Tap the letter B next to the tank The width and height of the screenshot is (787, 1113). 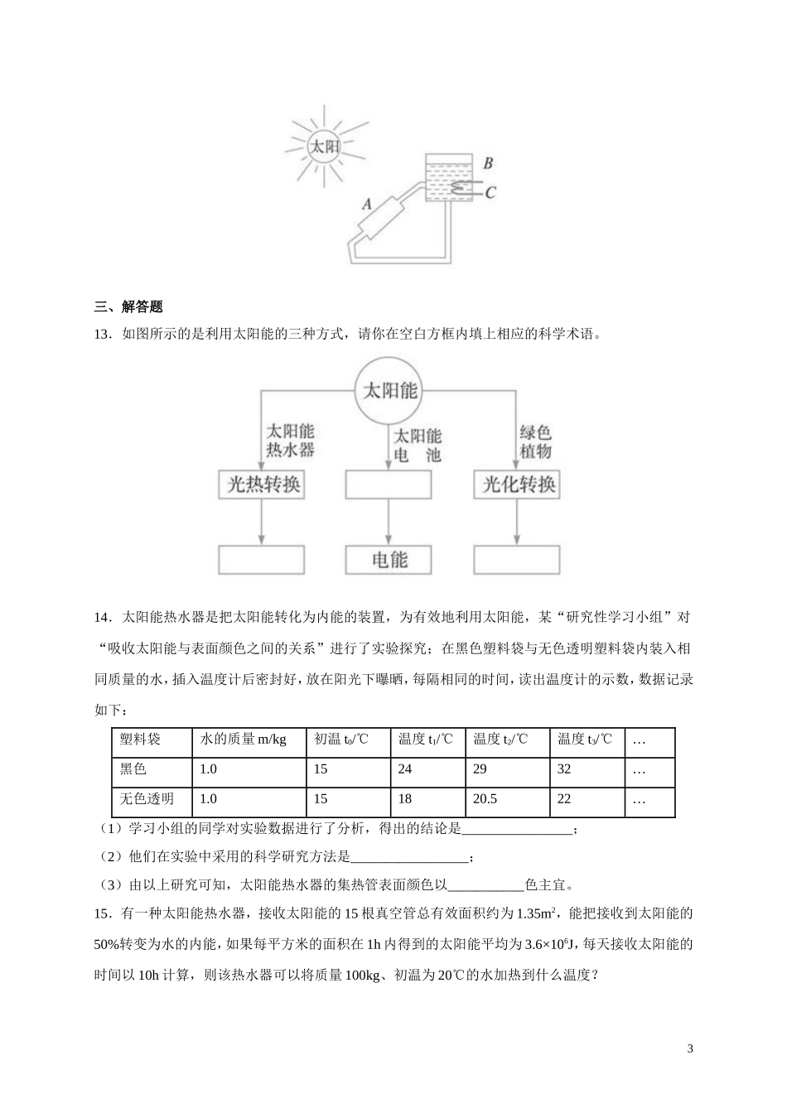pos(488,163)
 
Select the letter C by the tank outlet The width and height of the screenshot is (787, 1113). pos(490,192)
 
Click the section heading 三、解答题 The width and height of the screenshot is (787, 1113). pos(128,306)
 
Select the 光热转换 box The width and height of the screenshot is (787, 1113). pos(263,484)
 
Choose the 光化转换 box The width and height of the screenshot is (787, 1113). pos(518,484)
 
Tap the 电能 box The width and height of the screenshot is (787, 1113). pos(389,560)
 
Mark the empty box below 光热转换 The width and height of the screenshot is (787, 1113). pos(263,560)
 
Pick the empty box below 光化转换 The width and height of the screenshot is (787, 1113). pos(518,560)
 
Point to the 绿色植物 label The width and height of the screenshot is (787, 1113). pos(535,442)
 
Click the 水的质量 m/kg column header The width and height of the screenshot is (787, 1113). pos(243,740)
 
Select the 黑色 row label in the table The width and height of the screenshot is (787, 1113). pos(133,769)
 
